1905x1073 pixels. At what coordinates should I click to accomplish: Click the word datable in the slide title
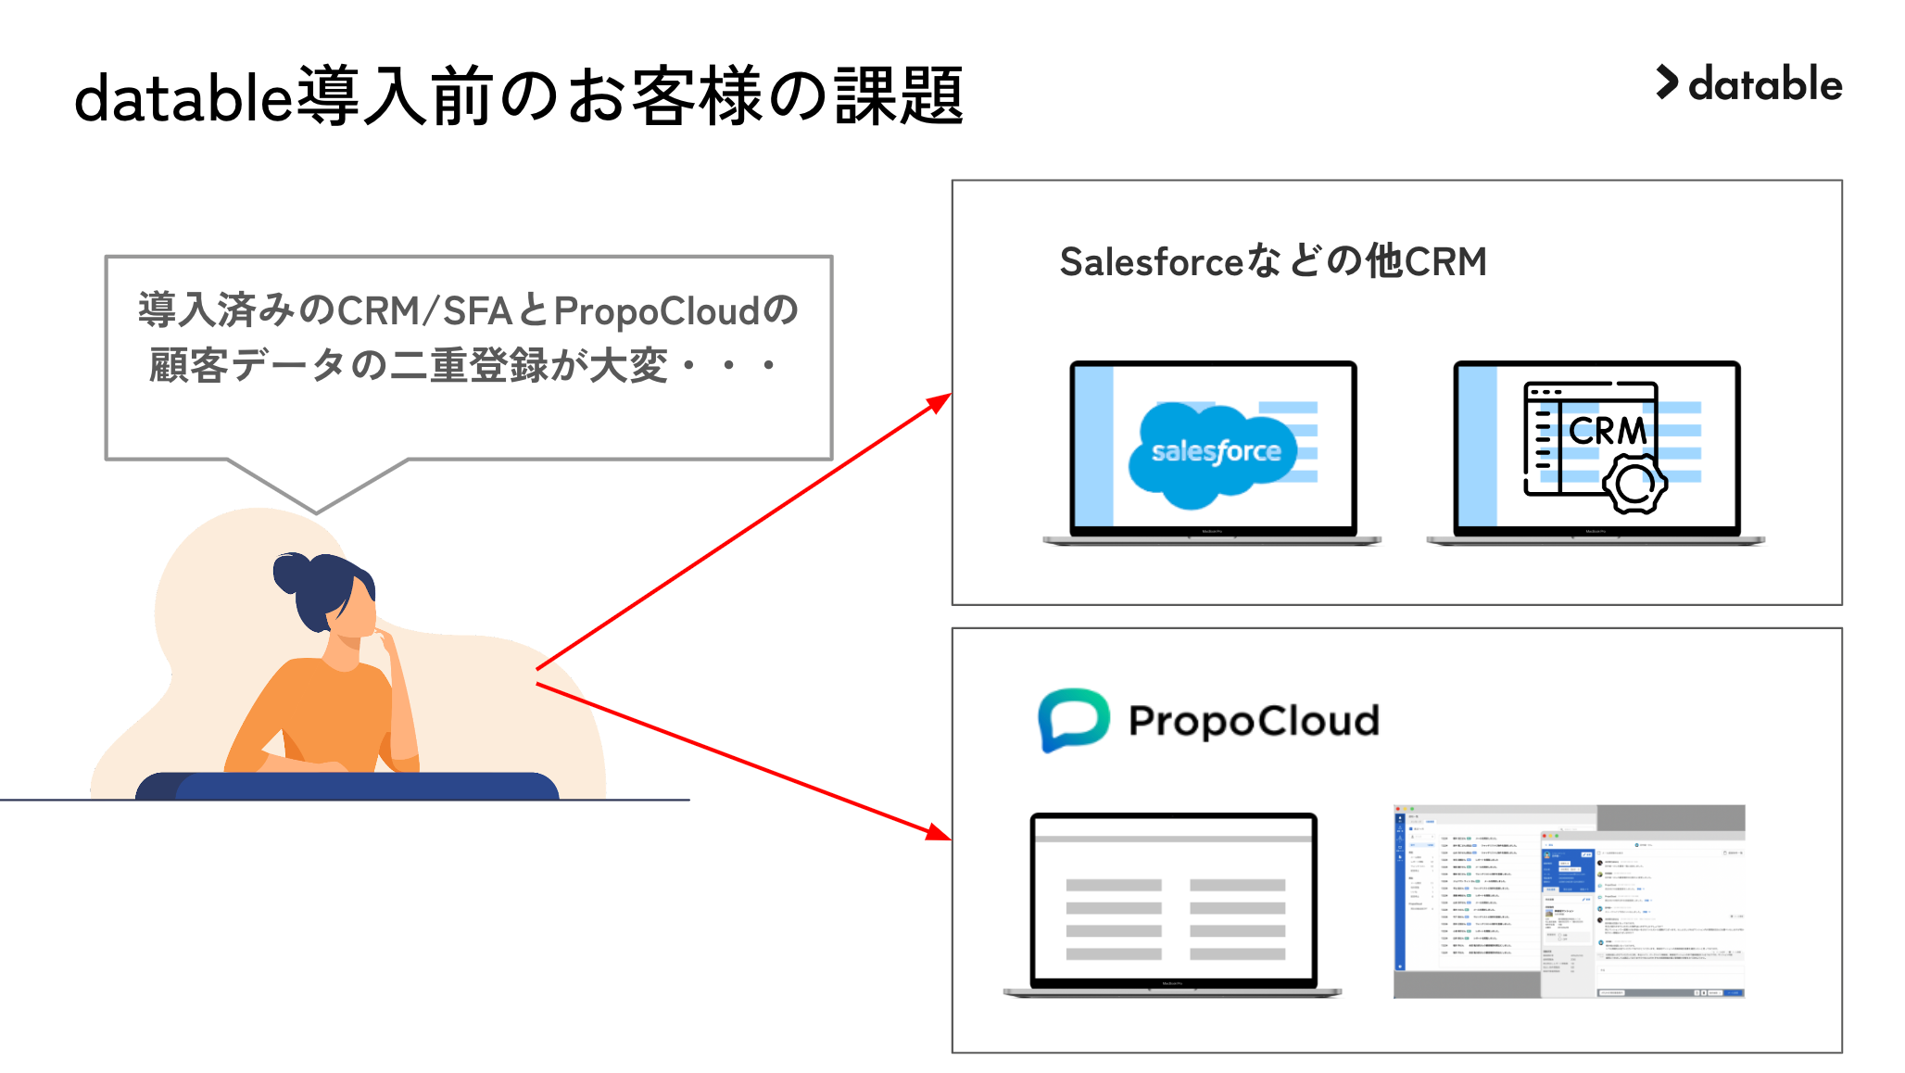[183, 97]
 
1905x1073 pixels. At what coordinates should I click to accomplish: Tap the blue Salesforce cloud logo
[1214, 453]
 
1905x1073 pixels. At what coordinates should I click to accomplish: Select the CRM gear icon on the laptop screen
[1634, 484]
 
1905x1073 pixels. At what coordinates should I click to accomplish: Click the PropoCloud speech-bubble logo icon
[1073, 719]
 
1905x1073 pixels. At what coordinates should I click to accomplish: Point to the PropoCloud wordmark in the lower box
[1254, 721]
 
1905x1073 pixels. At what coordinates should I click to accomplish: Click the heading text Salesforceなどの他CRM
[1273, 262]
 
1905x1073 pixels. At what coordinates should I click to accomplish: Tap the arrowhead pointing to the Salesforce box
[940, 403]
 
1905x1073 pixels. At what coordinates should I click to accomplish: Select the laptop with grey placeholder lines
[1173, 903]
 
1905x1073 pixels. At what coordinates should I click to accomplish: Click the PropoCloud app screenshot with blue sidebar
[1569, 902]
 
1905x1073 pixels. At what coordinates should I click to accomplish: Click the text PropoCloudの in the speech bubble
[675, 311]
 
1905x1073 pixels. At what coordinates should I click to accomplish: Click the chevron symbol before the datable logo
[1667, 82]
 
